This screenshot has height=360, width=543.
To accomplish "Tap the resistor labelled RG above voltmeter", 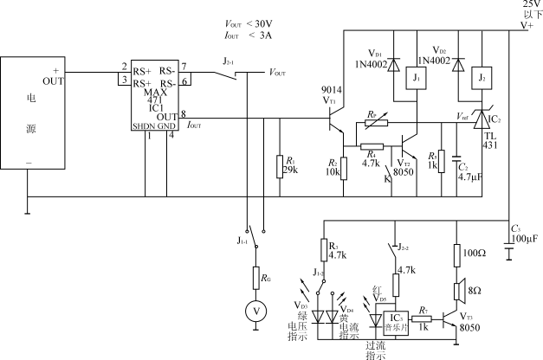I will click(257, 277).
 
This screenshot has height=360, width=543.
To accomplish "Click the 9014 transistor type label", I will click(330, 89).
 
